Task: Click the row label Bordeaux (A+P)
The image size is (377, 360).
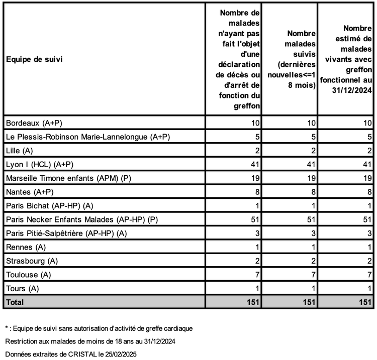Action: coord(34,123)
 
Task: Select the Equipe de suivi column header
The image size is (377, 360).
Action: coord(34,59)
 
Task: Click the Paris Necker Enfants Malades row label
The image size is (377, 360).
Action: coord(72,219)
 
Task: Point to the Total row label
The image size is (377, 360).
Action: coord(15,302)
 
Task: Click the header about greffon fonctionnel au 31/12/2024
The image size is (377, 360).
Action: coord(347,59)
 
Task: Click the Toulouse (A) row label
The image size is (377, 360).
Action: coord(28,275)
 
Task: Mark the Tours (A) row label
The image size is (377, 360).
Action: coord(22,289)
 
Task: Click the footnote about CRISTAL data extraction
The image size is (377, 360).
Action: coord(71,353)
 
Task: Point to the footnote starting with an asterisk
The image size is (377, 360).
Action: coord(99,328)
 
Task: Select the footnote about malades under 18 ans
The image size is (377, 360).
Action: coord(89,341)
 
